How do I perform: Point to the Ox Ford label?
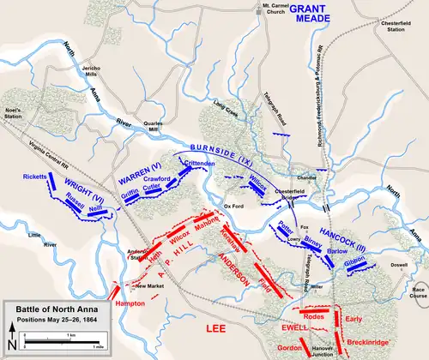(234, 207)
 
